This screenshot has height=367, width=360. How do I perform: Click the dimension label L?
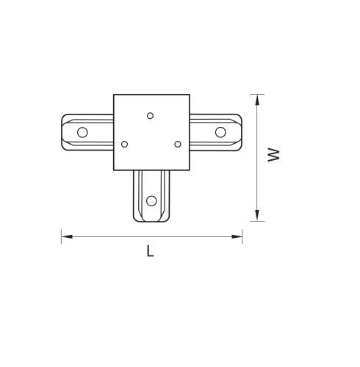click(x=150, y=251)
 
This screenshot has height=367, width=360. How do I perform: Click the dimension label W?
click(x=273, y=155)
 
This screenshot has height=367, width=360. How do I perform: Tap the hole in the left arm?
click(x=82, y=132)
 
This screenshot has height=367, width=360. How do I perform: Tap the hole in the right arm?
click(x=220, y=132)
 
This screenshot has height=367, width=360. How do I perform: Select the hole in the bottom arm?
click(x=151, y=201)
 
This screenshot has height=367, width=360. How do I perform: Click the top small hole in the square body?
click(x=150, y=116)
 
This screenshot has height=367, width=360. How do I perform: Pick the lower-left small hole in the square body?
click(x=124, y=144)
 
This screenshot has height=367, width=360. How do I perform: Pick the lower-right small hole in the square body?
click(x=178, y=144)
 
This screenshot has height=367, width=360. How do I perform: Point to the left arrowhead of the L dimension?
click(x=67, y=236)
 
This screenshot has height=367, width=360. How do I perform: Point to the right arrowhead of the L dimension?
click(x=237, y=236)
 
